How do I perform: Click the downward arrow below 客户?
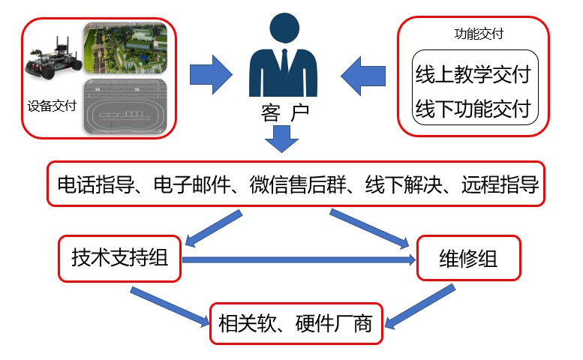click(282, 138)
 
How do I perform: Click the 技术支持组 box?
click(120, 259)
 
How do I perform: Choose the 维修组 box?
click(467, 259)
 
